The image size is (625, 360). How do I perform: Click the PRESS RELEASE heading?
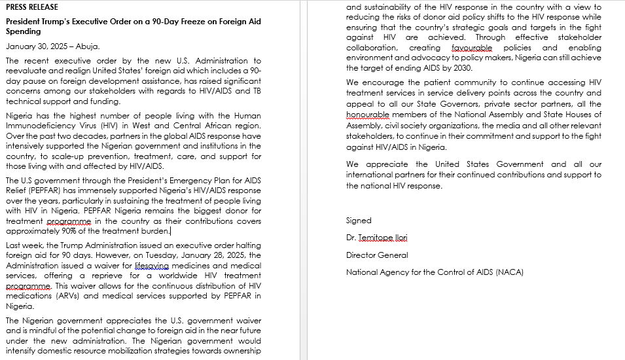[x=32, y=7]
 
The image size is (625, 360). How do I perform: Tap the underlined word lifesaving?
[x=151, y=266]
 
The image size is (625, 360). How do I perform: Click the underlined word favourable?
[x=471, y=48]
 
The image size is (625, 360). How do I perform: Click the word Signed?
[x=359, y=221]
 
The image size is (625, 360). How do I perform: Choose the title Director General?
[x=377, y=255]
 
